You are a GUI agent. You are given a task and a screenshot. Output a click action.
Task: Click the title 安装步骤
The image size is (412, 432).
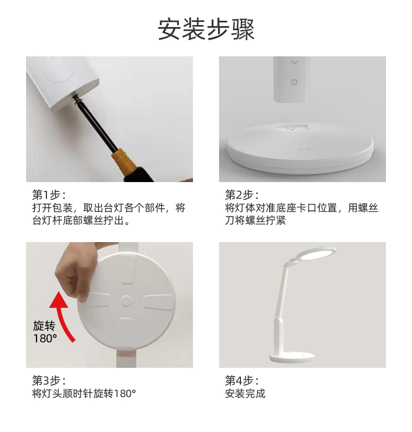pyautogui.click(x=206, y=30)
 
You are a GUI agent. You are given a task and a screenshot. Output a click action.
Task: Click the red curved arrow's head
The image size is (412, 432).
pyautogui.click(x=58, y=299)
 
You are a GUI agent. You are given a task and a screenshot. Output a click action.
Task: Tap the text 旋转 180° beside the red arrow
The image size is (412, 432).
pyautogui.click(x=45, y=332)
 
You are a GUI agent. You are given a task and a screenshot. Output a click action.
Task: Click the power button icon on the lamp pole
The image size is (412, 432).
pyautogui.click(x=294, y=82)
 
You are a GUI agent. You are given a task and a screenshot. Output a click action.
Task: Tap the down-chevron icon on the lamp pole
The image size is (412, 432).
pyautogui.click(x=294, y=62)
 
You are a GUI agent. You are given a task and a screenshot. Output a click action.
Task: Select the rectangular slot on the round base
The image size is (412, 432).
pyautogui.click(x=292, y=127)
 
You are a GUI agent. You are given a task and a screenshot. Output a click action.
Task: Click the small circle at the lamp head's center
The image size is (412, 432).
pyautogui.click(x=126, y=301)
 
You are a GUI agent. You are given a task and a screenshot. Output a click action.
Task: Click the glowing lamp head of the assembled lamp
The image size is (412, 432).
pyautogui.click(x=317, y=254)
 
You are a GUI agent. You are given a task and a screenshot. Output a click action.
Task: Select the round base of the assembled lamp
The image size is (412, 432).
pyautogui.click(x=292, y=357)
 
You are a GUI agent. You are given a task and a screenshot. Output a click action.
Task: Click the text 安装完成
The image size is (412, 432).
pyautogui.click(x=245, y=393)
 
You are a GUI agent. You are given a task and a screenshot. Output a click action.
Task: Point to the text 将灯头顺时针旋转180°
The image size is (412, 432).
pyautogui.click(x=84, y=393)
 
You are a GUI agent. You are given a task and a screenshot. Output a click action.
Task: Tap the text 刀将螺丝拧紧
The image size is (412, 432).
pyautogui.click(x=256, y=220)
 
